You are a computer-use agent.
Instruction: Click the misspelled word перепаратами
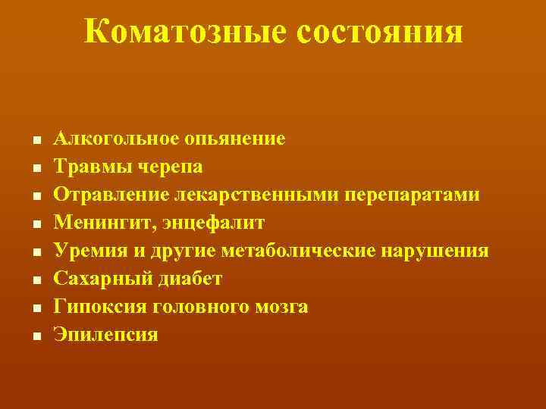[x=413, y=194]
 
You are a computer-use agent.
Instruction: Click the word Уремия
[x=85, y=250]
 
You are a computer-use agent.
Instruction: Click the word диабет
[x=189, y=278]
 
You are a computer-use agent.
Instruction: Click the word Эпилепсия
[x=105, y=334]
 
